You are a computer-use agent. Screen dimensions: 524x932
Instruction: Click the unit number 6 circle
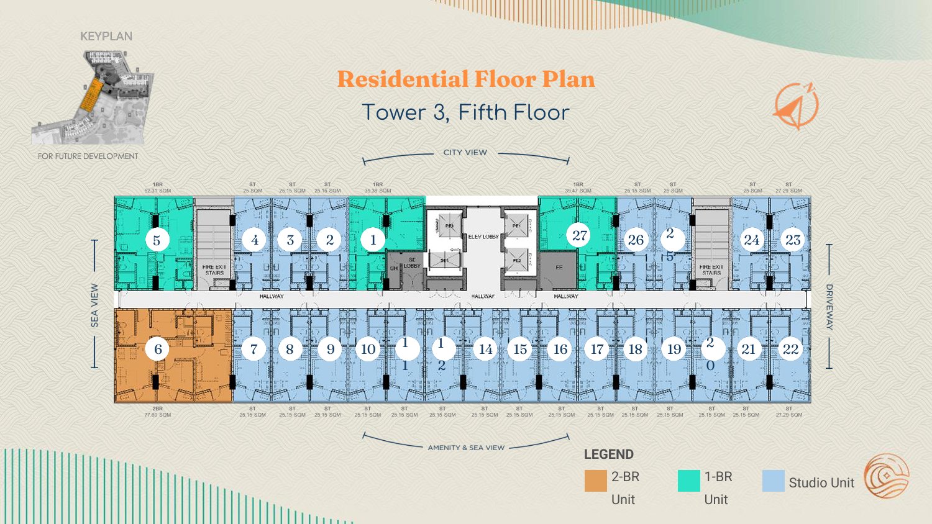point(158,349)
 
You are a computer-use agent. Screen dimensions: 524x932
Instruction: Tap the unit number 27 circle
point(579,235)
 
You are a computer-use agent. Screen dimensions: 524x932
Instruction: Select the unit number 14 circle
point(485,349)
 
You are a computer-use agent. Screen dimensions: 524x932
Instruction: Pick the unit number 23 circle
point(793,240)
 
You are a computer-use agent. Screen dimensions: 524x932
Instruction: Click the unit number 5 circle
point(157,240)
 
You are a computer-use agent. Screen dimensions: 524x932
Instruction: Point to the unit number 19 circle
point(674,349)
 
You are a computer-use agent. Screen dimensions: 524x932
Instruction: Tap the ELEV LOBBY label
point(483,237)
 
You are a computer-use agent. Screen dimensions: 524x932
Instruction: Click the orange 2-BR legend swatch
point(595,481)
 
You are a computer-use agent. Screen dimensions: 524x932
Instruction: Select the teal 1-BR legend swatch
point(688,481)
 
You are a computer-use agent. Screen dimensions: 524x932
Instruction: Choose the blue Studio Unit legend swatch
point(773,481)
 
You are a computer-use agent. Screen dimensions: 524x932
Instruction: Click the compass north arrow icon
point(796,106)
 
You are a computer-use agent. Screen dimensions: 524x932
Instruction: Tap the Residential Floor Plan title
point(466,79)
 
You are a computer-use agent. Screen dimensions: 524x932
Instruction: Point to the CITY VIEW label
point(465,152)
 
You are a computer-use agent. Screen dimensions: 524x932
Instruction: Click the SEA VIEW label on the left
point(94,305)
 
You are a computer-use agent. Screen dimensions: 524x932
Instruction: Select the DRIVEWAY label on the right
point(829,307)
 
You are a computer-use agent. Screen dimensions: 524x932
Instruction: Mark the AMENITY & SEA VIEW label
point(466,448)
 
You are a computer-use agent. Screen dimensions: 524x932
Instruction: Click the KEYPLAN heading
point(106,36)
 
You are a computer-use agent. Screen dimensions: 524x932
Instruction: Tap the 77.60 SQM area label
point(158,415)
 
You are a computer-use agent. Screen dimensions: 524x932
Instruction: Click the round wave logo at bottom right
point(887,476)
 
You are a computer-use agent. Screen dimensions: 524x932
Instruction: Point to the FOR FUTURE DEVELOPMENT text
point(88,156)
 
